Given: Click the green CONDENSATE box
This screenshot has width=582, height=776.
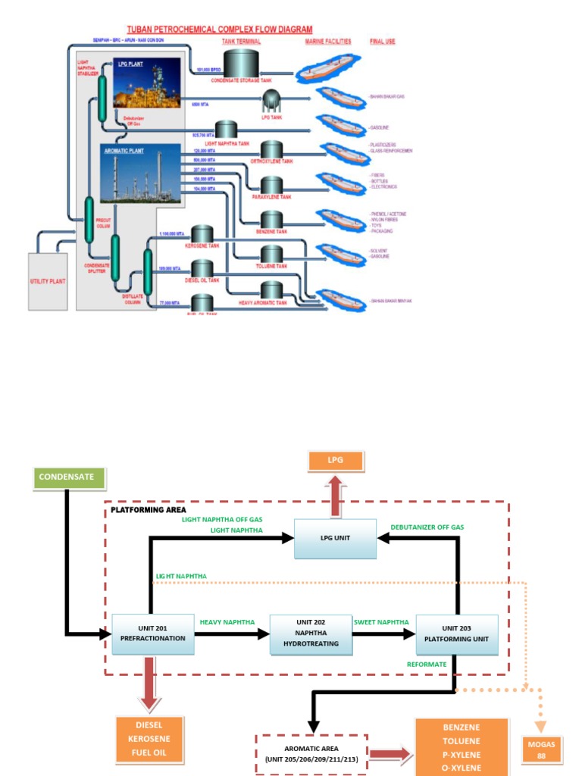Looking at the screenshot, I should [x=70, y=477].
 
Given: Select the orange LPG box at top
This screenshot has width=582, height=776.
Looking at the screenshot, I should [x=335, y=461].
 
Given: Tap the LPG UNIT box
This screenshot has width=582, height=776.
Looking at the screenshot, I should [x=335, y=539].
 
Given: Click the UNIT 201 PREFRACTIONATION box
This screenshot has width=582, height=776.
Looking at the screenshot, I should [x=152, y=633].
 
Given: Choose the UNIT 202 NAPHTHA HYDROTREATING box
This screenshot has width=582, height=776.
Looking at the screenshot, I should [x=311, y=633].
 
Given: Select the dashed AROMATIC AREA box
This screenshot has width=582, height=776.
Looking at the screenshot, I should [x=311, y=753].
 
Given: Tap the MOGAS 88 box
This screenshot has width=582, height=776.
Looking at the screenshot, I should [x=541, y=749].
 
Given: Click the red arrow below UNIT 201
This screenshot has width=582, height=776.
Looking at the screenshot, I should [x=149, y=684].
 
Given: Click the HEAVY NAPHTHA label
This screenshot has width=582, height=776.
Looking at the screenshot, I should [x=227, y=622].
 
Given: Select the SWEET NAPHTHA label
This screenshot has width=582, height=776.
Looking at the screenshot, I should [x=381, y=622].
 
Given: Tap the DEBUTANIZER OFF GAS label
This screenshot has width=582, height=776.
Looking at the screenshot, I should [x=427, y=527].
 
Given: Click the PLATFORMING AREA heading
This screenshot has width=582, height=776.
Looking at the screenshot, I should [x=149, y=510].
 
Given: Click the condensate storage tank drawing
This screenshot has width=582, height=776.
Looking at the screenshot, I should [x=241, y=62].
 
